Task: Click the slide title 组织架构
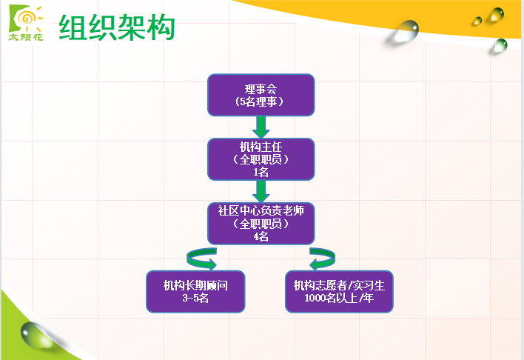point(117,27)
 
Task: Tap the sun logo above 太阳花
point(26,19)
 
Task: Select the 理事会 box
point(261,95)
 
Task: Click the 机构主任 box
point(261,159)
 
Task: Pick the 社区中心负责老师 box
point(261,224)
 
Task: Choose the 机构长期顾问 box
point(195,292)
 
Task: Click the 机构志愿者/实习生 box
point(339,292)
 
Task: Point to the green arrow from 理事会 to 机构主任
point(261,127)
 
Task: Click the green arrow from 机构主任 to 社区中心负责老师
point(261,191)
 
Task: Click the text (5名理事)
point(259,101)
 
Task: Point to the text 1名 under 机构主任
point(261,172)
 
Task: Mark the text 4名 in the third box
point(261,236)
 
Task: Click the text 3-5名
point(195,298)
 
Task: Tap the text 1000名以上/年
point(339,298)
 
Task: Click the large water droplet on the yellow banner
point(406,31)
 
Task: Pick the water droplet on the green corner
point(36,336)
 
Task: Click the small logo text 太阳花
point(26,37)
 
